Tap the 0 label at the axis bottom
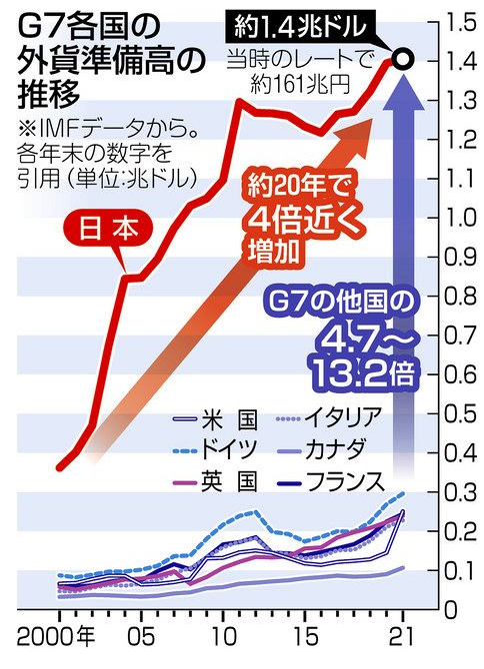coord(451,610)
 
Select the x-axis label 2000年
coord(56,637)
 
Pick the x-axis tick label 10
coord(223,637)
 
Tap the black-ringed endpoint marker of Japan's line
coord(402,60)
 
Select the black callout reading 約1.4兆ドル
coord(300,27)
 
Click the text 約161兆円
coord(300,85)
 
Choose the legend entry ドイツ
coord(215,449)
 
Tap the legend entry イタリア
coord(328,418)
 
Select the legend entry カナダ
coord(320,449)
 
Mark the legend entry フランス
coord(330,482)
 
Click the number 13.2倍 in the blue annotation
coord(363,374)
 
